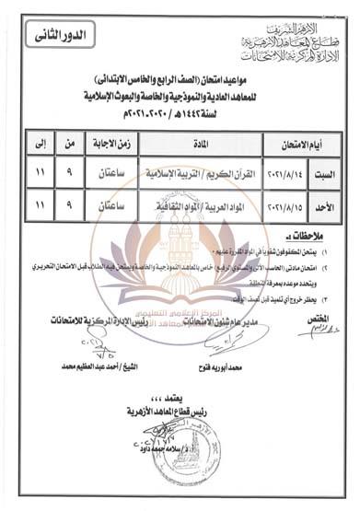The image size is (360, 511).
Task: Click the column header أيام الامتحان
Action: point(299,145)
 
